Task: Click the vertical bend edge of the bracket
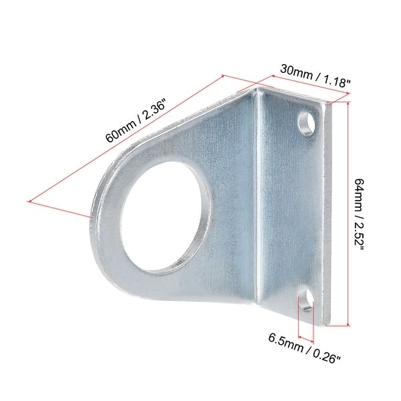click(x=258, y=200)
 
